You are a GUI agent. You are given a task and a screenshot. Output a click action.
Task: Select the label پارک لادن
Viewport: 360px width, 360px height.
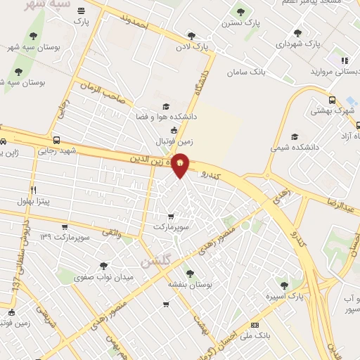pyautogui.click(x=195, y=47)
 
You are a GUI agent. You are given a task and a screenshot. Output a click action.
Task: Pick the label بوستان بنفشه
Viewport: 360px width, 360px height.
pyautogui.click(x=189, y=284)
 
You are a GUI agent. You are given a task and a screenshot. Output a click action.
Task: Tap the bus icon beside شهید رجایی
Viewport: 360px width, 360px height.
pyautogui.click(x=56, y=139)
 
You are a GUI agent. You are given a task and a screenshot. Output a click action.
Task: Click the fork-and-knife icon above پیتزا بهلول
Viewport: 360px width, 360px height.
pyautogui.click(x=32, y=190)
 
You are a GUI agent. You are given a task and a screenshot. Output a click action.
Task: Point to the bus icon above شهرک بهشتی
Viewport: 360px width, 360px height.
pyautogui.click(x=332, y=99)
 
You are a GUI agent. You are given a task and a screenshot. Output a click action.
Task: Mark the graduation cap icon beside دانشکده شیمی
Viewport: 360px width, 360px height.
pyautogui.click(x=295, y=136)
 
